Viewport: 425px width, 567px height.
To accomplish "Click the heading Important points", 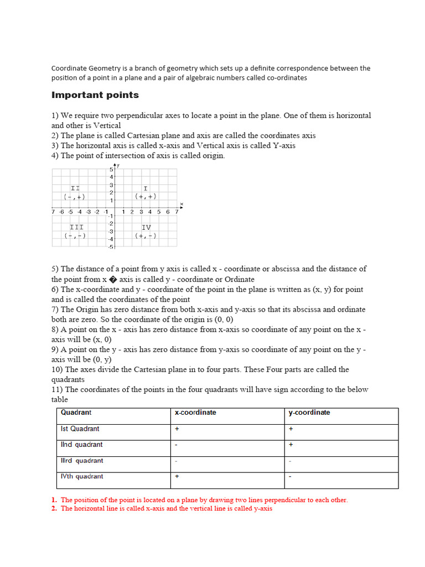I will click(x=95, y=95).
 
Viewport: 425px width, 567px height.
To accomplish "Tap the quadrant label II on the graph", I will click(x=75, y=188).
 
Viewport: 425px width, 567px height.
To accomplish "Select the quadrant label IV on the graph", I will click(x=146, y=227).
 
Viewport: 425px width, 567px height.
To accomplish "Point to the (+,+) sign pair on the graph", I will click(x=146, y=196).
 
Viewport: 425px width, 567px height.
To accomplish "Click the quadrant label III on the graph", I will click(x=76, y=227).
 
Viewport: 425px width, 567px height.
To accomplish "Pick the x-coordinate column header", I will click(x=195, y=413).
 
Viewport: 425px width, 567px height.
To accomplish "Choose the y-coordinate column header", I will click(x=309, y=413).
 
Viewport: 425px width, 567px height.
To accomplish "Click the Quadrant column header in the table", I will click(x=76, y=413).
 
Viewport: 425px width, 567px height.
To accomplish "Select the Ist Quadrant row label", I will click(x=80, y=429).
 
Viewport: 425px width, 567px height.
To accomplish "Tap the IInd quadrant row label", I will click(x=81, y=445).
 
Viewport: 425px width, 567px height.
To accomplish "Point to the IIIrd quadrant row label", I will click(x=82, y=461).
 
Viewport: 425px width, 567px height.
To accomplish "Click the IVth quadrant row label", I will click(x=82, y=476).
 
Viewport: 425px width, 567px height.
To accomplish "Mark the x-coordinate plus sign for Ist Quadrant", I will click(x=177, y=429).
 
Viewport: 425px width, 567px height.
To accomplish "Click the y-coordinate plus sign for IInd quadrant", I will click(x=291, y=445).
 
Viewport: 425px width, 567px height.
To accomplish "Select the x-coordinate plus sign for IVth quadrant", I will click(x=177, y=476).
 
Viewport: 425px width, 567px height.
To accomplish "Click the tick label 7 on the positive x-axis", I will click(x=177, y=212).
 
